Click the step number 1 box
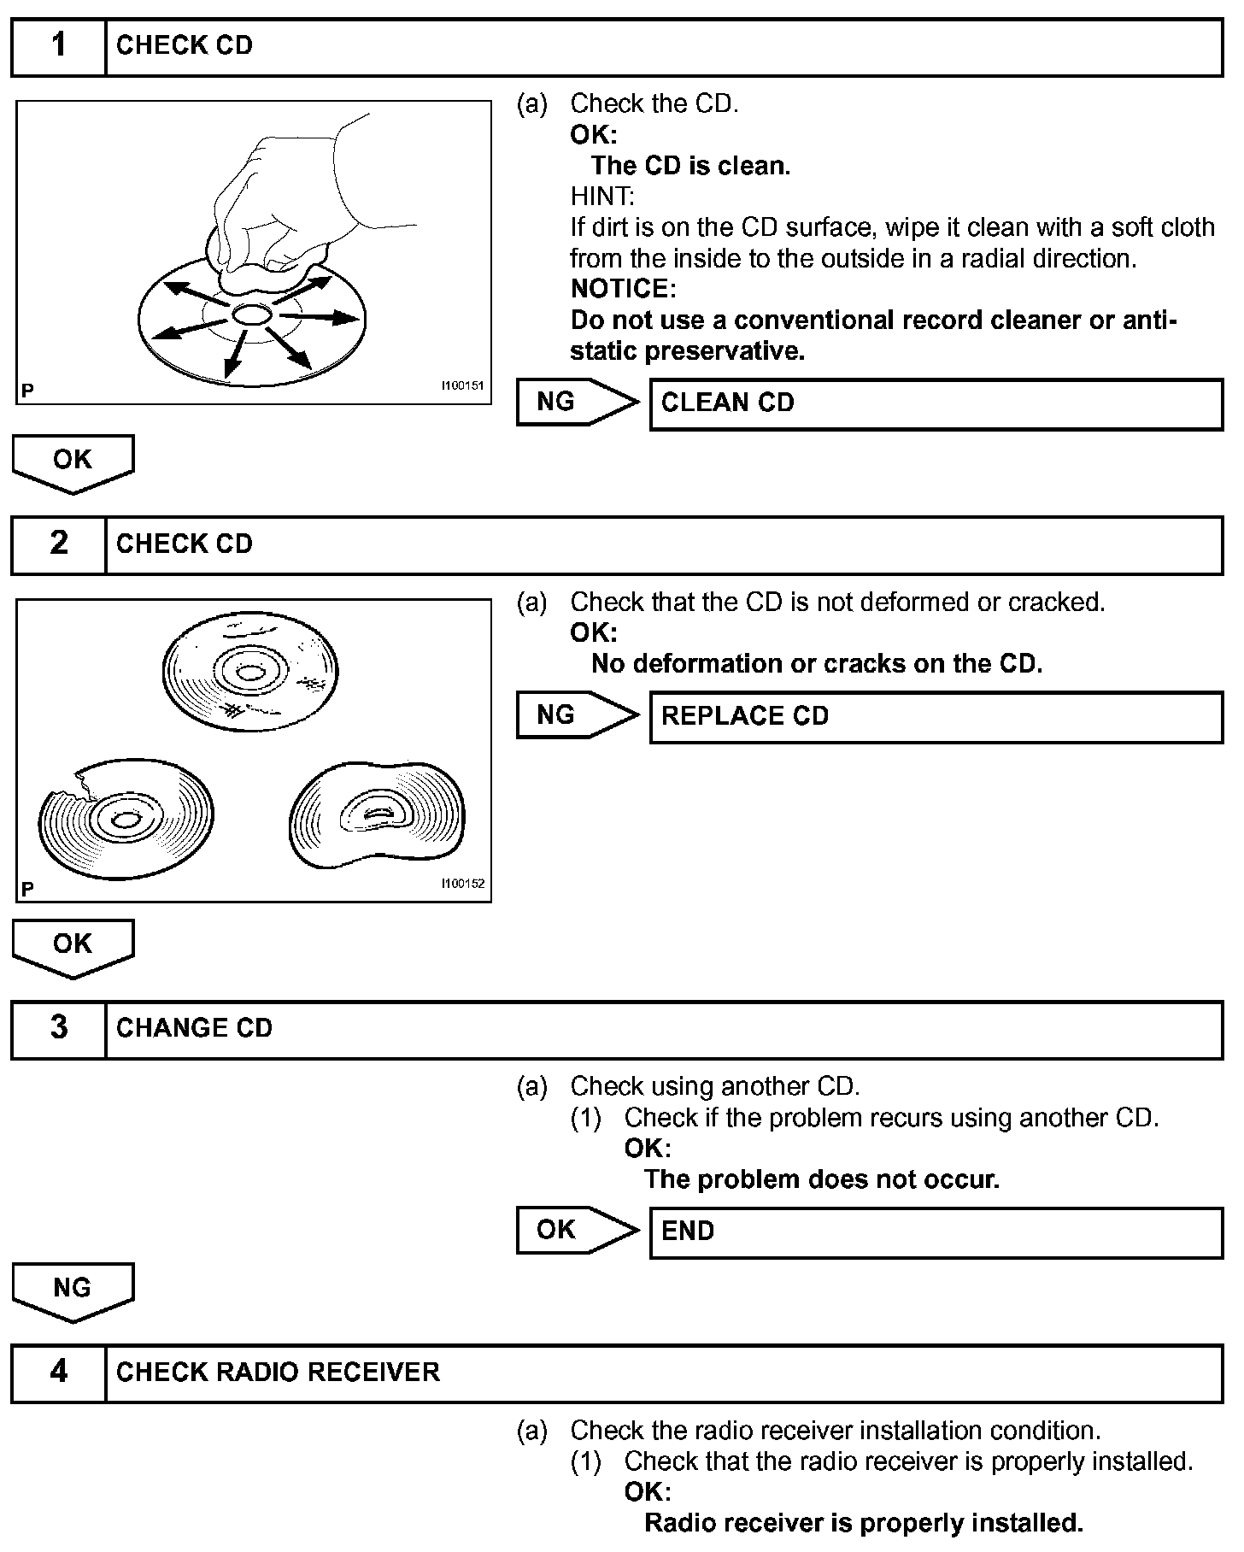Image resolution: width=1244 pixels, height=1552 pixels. click(58, 47)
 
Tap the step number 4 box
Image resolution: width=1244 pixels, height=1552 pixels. click(58, 1373)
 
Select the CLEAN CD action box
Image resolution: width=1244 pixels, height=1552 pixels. click(936, 403)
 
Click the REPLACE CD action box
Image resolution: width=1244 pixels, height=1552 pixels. click(936, 716)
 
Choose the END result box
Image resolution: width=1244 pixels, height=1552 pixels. click(936, 1232)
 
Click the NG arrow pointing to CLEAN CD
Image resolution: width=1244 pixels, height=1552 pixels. click(577, 402)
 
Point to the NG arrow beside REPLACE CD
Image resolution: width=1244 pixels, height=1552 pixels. click(577, 715)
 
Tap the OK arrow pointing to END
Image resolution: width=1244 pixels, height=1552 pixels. click(577, 1230)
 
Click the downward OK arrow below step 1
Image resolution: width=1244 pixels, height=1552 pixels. click(73, 462)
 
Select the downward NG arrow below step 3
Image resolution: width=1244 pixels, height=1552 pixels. click(73, 1290)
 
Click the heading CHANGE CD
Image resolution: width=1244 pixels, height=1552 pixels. click(194, 1028)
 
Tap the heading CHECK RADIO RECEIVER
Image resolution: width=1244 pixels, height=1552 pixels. click(278, 1373)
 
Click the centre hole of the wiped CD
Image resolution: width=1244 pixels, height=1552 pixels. click(251, 315)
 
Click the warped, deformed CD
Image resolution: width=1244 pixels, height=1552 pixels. click(377, 814)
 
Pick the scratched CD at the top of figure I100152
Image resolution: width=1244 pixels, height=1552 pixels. click(250, 673)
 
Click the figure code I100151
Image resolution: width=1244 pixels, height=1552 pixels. click(462, 385)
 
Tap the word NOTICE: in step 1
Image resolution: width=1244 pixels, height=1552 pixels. click(623, 289)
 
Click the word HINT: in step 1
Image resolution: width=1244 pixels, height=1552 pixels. click(602, 197)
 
